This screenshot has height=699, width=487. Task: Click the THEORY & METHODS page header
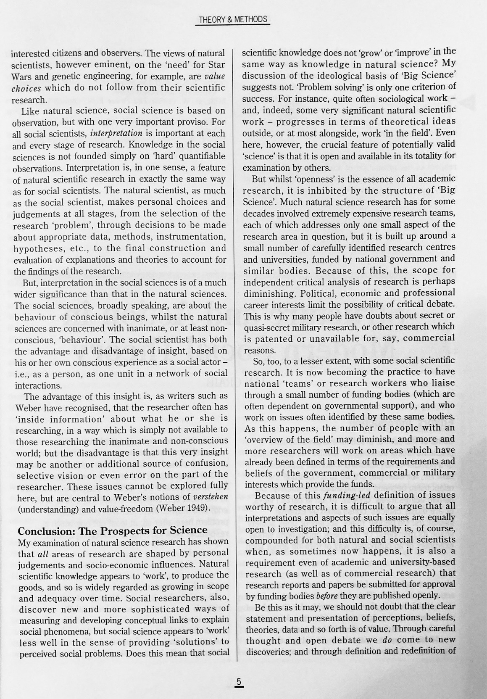tap(232, 19)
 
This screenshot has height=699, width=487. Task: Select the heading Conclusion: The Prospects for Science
tap(113, 530)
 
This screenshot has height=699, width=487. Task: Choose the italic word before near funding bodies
tap(326, 595)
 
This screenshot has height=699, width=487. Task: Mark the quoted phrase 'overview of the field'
tap(287, 439)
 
